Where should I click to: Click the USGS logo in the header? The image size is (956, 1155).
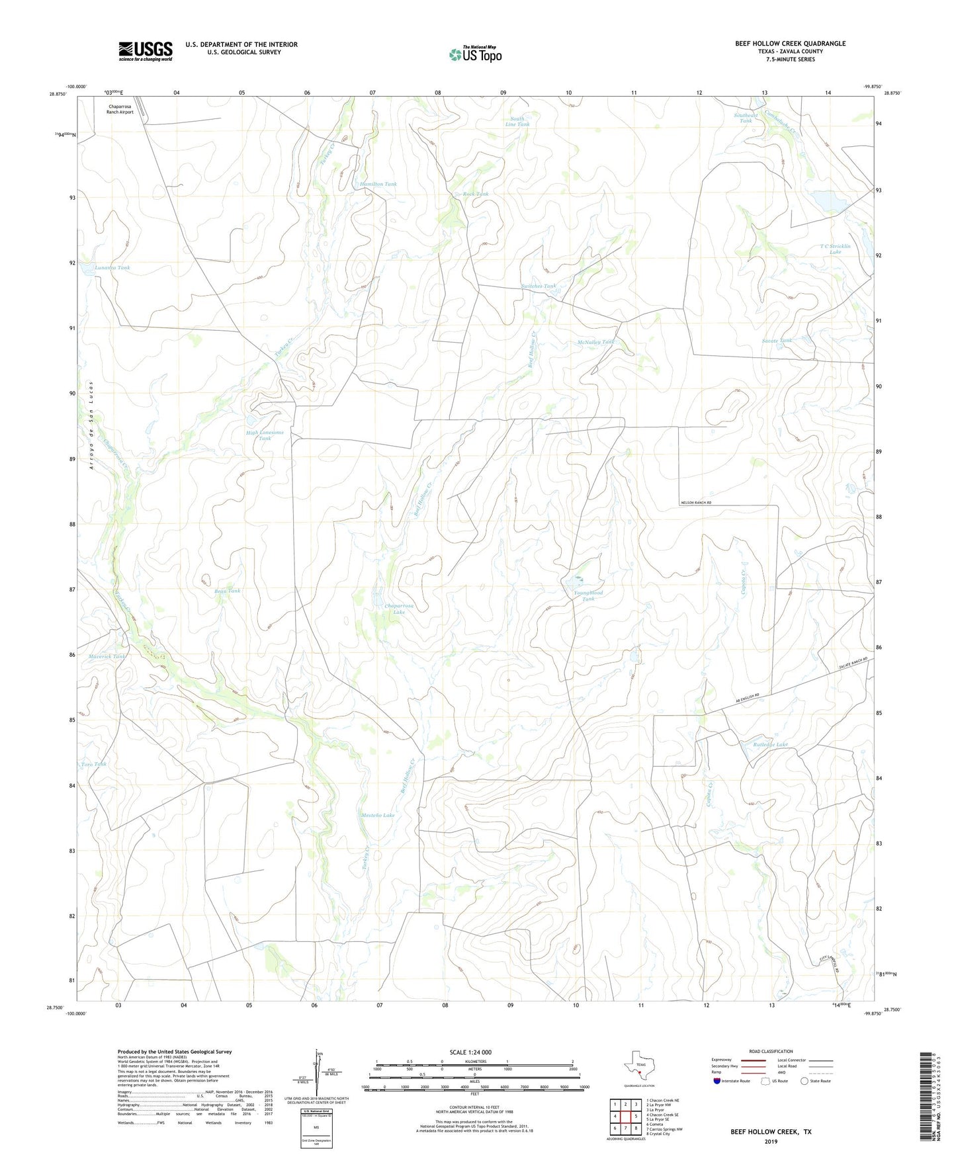click(146, 51)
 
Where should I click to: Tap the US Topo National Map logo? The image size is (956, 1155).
click(474, 54)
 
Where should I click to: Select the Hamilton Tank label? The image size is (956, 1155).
click(378, 184)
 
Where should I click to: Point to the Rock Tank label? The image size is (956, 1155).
click(476, 194)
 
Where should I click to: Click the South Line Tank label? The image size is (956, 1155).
click(517, 122)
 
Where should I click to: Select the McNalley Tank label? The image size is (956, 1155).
click(596, 342)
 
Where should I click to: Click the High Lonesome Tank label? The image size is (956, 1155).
click(265, 435)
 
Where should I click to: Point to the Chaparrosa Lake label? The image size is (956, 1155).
click(400, 609)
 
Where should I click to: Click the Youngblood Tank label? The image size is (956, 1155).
click(588, 595)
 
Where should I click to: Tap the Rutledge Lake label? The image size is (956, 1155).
click(771, 745)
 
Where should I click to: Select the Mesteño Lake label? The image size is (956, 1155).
click(378, 815)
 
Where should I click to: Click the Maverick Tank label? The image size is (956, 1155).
click(107, 657)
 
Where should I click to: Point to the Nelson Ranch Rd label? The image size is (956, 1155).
click(700, 503)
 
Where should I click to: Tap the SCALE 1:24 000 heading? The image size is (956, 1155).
click(470, 1052)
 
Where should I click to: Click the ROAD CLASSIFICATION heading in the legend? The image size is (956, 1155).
click(771, 1051)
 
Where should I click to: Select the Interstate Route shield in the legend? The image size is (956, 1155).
click(718, 1082)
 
